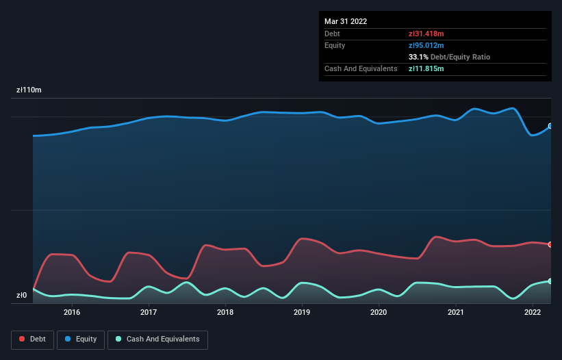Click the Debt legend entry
[x=31, y=339]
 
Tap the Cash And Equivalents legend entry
[x=157, y=339]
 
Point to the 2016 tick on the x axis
[x=72, y=313]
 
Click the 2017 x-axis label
[x=149, y=313]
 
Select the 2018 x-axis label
[x=225, y=313]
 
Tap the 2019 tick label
[x=302, y=313]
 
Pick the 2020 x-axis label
[x=379, y=313]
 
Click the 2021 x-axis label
[x=455, y=313]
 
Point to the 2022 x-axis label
[x=532, y=313]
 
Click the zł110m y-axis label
[x=29, y=90]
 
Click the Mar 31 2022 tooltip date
[x=346, y=21]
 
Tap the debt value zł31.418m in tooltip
[x=426, y=34]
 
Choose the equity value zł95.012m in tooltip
[x=426, y=45]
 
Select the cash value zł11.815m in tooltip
[x=426, y=68]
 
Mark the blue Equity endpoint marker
[x=550, y=126]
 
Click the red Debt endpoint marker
[x=550, y=244]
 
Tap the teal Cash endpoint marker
[x=550, y=281]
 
